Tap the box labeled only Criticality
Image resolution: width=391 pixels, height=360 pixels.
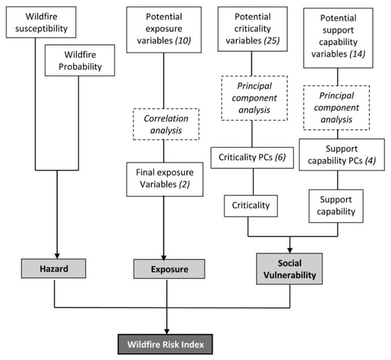click(247, 205)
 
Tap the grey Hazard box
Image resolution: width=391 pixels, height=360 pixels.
click(54, 268)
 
